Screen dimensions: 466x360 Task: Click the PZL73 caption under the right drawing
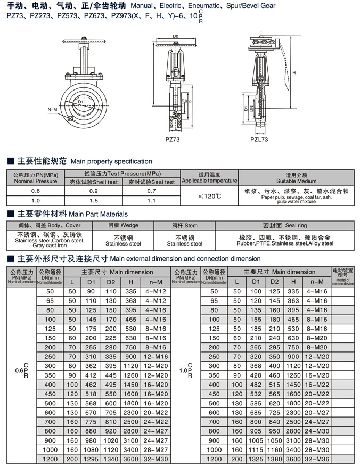click(x=259, y=140)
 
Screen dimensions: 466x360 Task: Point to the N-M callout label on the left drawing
click(x=52, y=109)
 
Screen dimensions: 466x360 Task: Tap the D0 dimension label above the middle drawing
click(x=175, y=36)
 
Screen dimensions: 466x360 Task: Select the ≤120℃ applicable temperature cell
click(x=209, y=196)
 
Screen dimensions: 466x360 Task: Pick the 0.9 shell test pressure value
click(x=93, y=191)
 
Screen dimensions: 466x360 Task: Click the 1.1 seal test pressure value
click(x=151, y=201)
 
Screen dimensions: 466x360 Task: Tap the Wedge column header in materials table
click(x=123, y=225)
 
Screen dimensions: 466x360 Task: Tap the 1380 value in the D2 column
click(x=274, y=459)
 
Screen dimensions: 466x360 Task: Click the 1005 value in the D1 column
click(x=256, y=440)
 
